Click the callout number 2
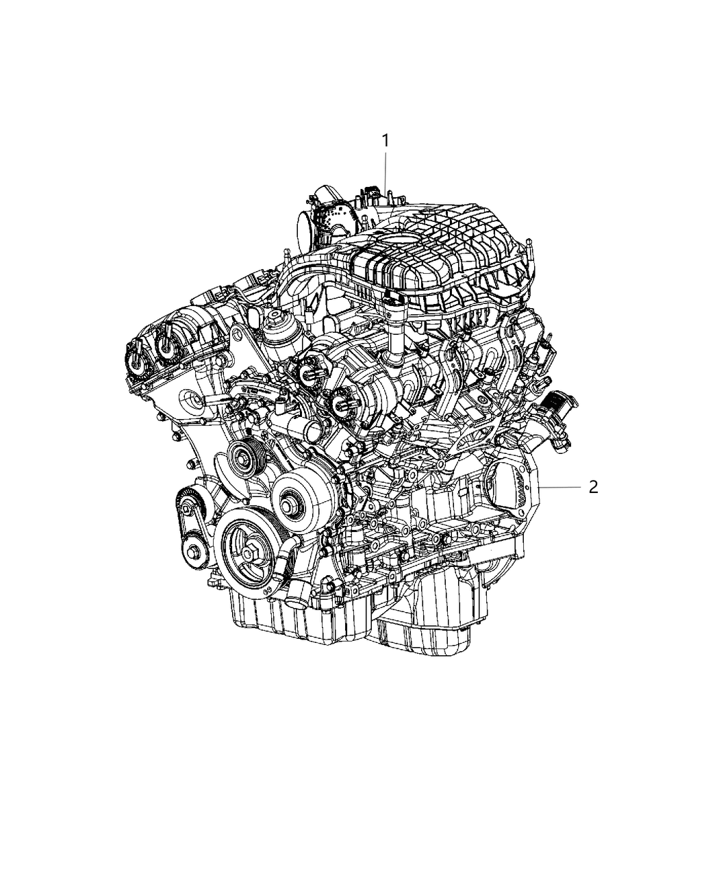(593, 487)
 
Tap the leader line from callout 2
(562, 487)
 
